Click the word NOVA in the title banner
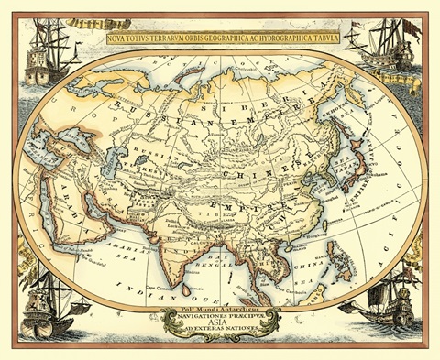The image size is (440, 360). (x=122, y=39)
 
